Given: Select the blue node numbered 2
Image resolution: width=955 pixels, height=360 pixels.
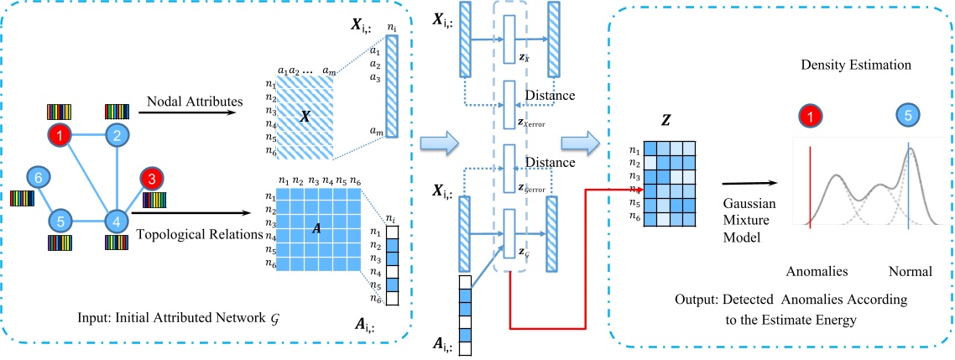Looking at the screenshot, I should (x=117, y=134).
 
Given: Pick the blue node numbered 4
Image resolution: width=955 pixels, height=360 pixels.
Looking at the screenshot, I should (x=116, y=222).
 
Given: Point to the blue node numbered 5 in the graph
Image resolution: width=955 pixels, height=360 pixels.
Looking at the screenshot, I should (x=60, y=222).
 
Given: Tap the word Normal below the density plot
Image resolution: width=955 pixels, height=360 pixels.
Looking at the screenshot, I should (x=911, y=272).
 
